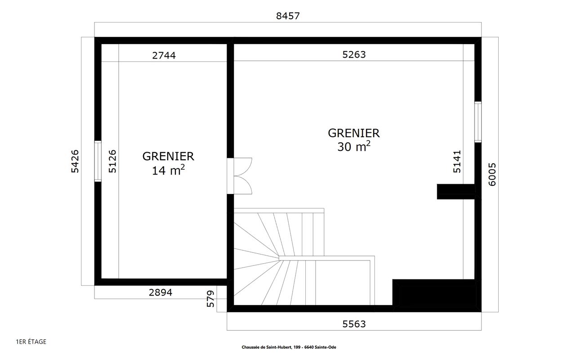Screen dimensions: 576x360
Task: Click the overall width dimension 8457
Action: coord(288,16)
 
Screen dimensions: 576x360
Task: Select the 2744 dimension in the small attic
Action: coord(164,55)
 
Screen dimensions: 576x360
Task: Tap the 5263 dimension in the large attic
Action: coord(354,54)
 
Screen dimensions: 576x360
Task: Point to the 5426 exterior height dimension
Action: coord(75,161)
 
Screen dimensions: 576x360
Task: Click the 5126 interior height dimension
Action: coord(112,161)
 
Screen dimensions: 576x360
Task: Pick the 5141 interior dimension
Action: coord(457,162)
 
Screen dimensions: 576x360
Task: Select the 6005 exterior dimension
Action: coord(492,174)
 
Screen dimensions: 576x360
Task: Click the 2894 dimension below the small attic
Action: coord(161,292)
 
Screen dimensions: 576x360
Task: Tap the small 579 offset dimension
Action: coord(210,298)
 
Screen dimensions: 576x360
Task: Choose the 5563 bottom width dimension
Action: coord(354,324)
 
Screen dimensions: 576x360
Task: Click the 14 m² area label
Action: coord(168,170)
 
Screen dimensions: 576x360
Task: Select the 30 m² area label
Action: coord(354,146)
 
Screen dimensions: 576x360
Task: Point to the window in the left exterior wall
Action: coord(98,161)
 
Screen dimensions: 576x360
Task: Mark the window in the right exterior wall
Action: coord(478,122)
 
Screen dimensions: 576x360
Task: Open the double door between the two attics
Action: coord(239,176)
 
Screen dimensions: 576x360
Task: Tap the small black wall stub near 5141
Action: coord(455,191)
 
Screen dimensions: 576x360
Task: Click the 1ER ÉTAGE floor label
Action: coord(31,342)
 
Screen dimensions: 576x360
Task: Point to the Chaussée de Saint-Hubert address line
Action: coord(289,347)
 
